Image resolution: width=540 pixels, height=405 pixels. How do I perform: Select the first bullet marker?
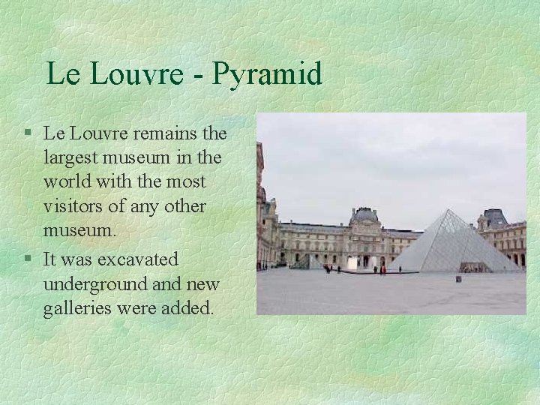[x=26, y=133]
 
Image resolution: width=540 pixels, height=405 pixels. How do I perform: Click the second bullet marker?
[x=26, y=259]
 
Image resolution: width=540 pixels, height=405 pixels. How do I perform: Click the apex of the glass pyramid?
[x=450, y=211]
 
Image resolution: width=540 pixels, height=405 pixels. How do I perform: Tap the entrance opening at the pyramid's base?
[x=474, y=267]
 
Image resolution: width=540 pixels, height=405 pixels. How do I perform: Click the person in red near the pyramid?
[x=382, y=269]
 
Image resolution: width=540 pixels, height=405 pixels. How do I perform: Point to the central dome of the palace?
[x=365, y=216]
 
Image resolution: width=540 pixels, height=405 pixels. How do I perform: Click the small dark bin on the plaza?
[x=458, y=279]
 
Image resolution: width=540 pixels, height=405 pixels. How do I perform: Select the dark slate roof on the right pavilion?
[x=494, y=218]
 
